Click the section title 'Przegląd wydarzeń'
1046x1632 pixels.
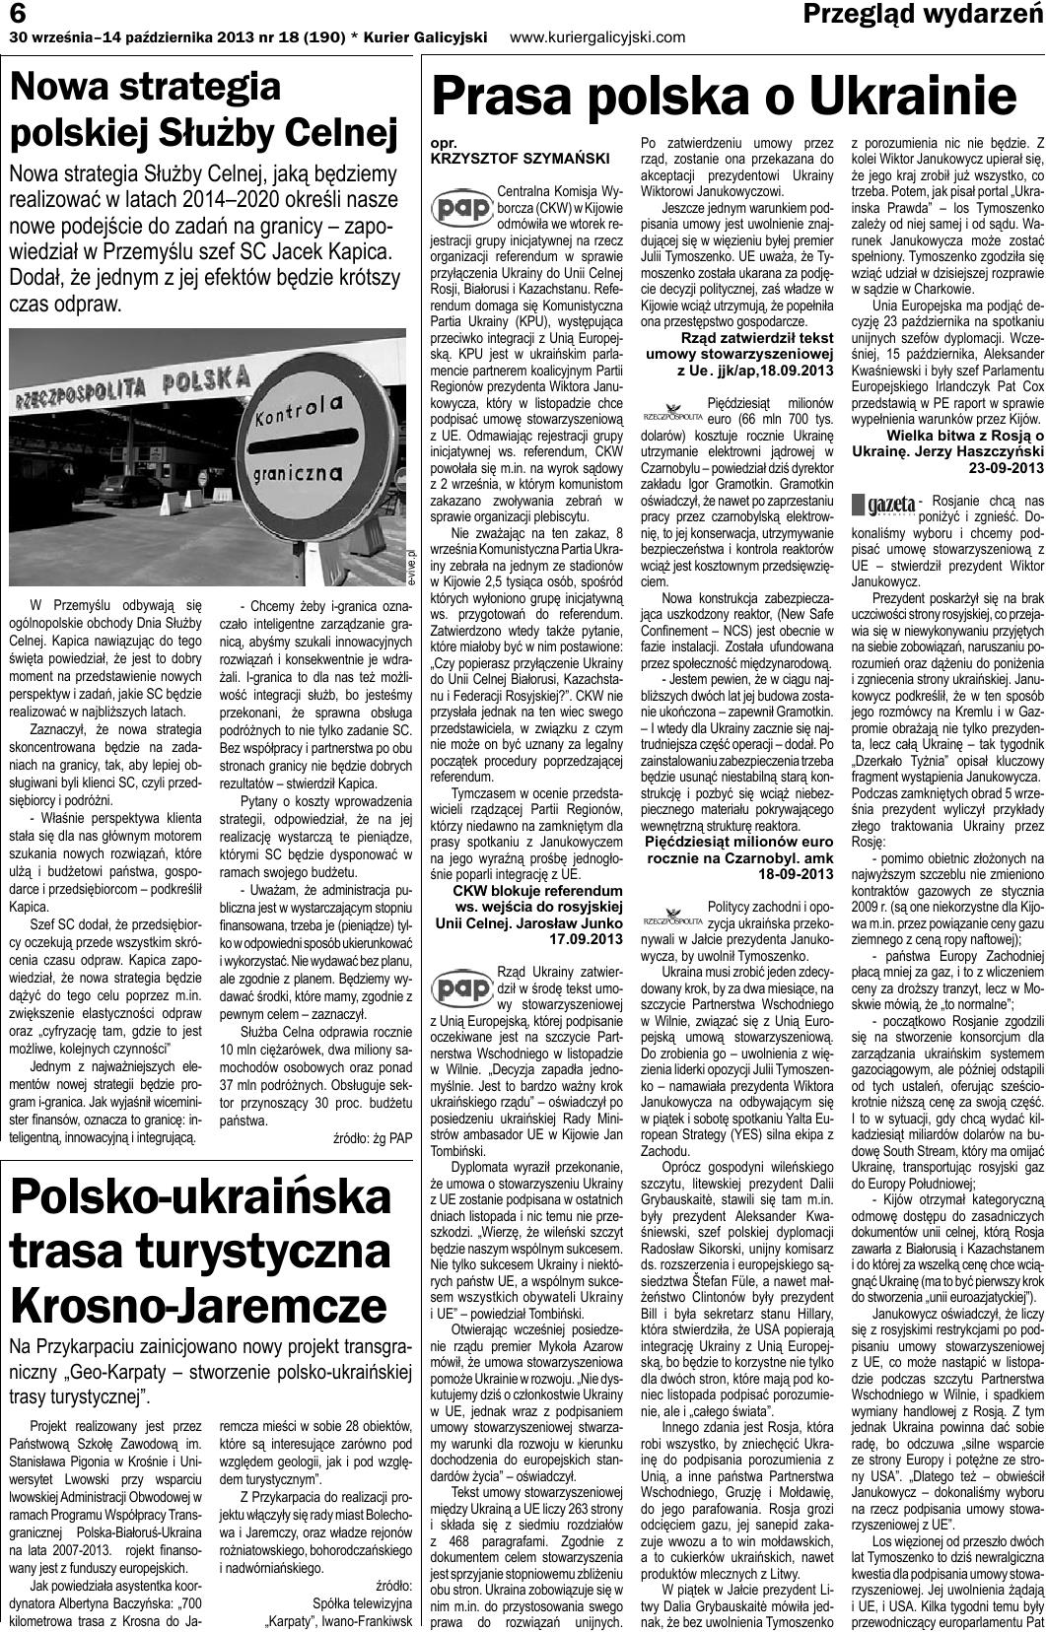(923, 14)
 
